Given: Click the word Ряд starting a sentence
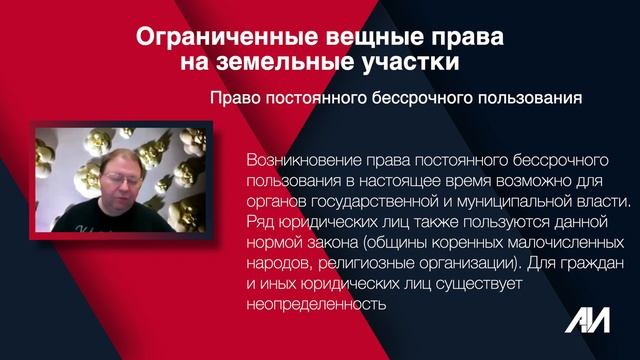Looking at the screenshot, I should pos(258,220).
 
